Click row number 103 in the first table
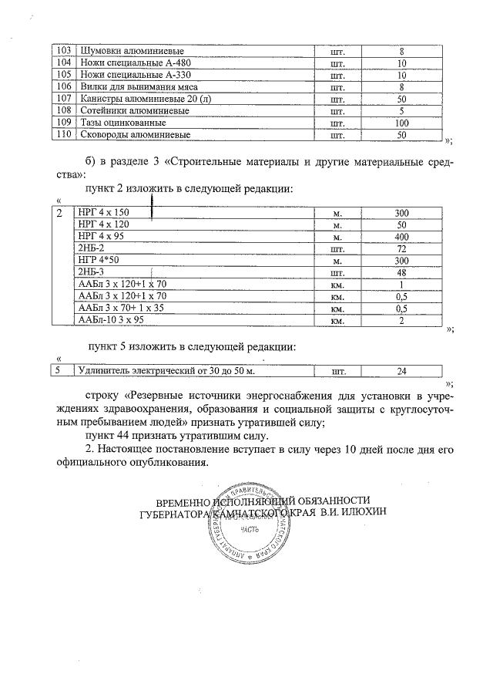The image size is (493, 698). click(64, 52)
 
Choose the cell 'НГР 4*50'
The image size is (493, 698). click(97, 261)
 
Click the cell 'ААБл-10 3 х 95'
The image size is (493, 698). click(111, 320)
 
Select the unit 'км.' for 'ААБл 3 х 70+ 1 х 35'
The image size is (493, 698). click(337, 309)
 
